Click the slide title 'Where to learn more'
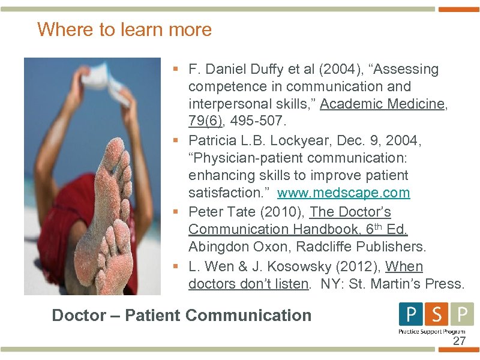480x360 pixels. [x=124, y=29]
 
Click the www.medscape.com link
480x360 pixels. [x=343, y=193]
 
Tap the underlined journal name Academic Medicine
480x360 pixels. [x=382, y=104]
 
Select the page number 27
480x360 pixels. [x=459, y=341]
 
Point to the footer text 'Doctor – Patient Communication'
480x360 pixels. [x=182, y=316]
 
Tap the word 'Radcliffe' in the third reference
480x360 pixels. [x=329, y=247]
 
